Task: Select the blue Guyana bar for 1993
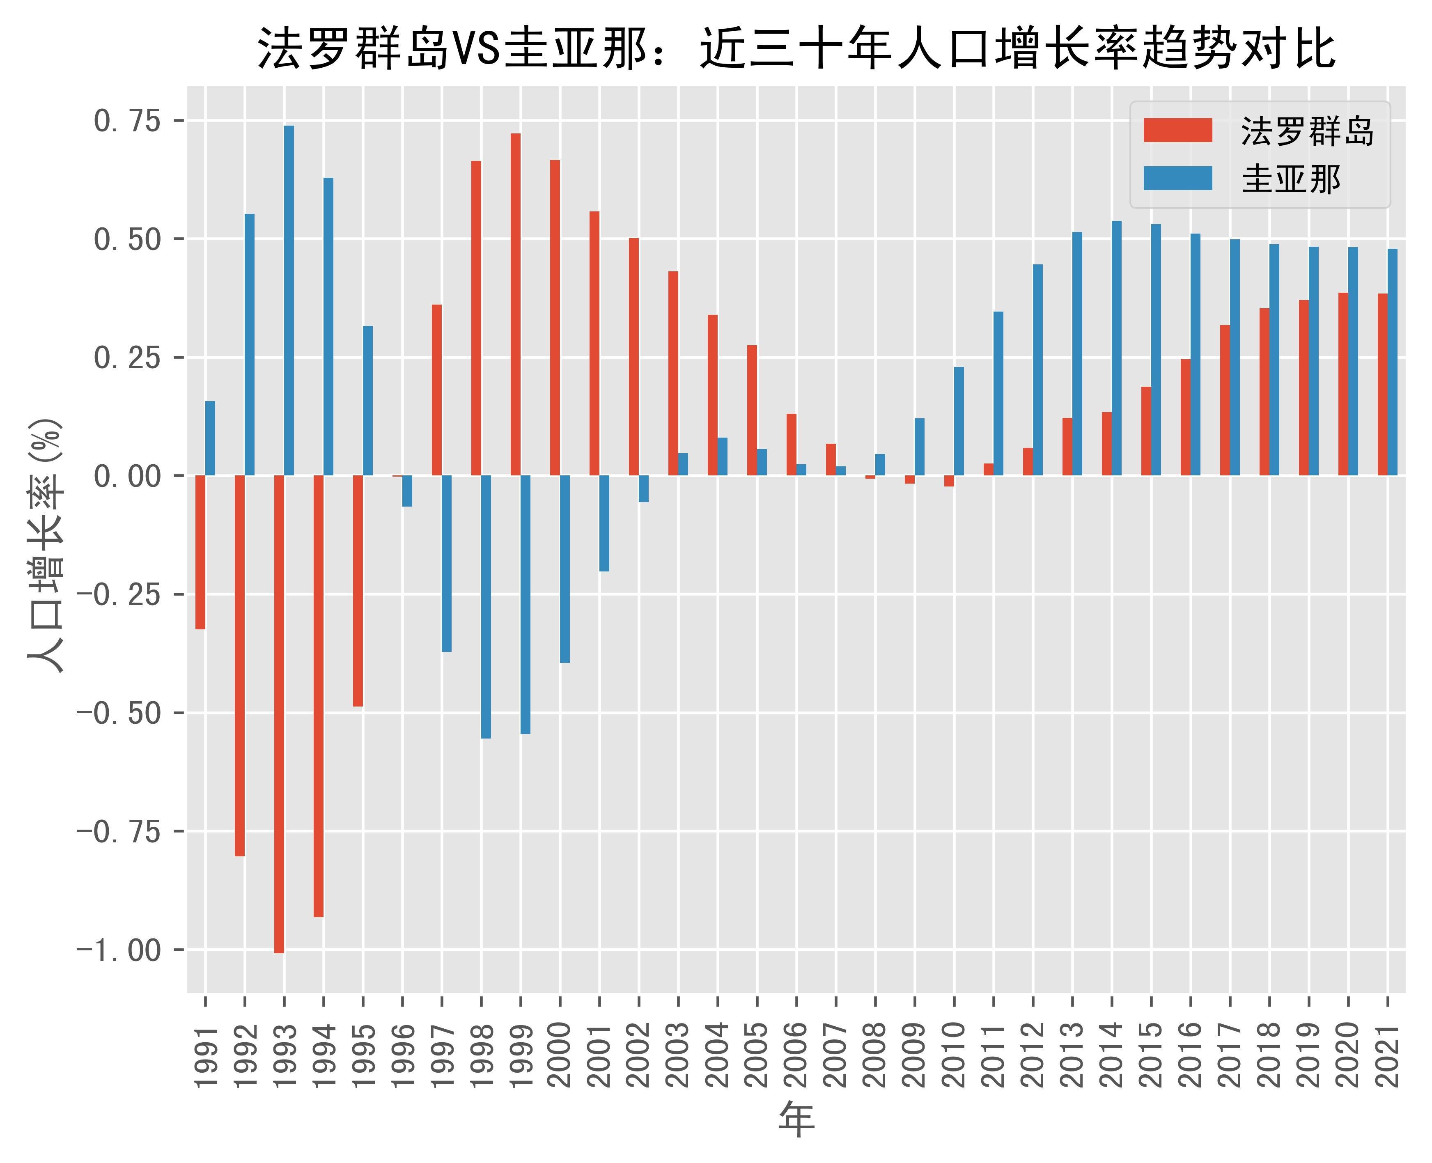(x=289, y=301)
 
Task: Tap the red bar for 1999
(x=515, y=305)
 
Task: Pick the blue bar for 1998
(x=486, y=607)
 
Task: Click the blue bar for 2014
(x=1116, y=349)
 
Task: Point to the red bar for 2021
(x=1382, y=385)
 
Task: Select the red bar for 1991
(x=200, y=553)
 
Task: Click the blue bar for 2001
(x=604, y=523)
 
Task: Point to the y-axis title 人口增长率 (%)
(x=46, y=544)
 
